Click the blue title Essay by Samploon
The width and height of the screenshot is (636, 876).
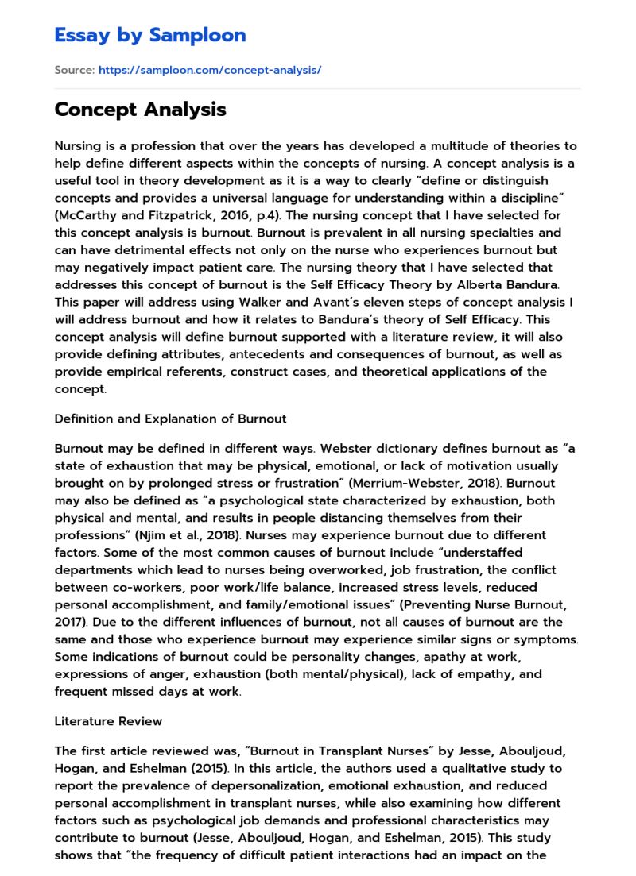[x=149, y=35]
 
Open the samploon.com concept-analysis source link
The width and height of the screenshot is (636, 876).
[x=210, y=71]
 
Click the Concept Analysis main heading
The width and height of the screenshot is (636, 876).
[x=140, y=110]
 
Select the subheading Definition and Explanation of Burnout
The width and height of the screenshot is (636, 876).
[x=170, y=419]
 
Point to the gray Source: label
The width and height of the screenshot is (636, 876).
[x=74, y=71]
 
